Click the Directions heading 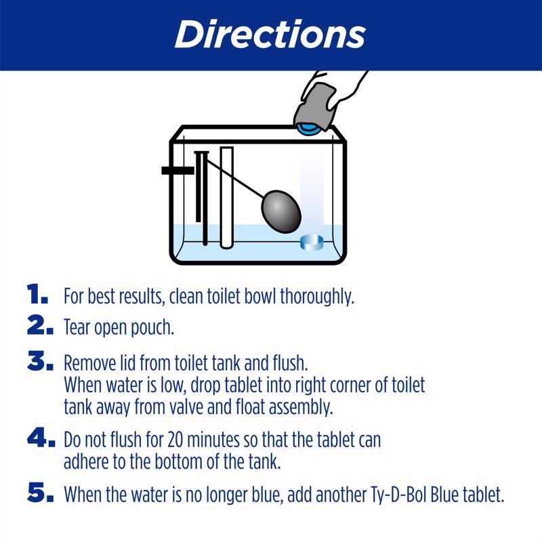(270, 34)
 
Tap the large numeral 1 (37, 295)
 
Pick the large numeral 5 (39, 493)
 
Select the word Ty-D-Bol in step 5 (365, 494)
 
